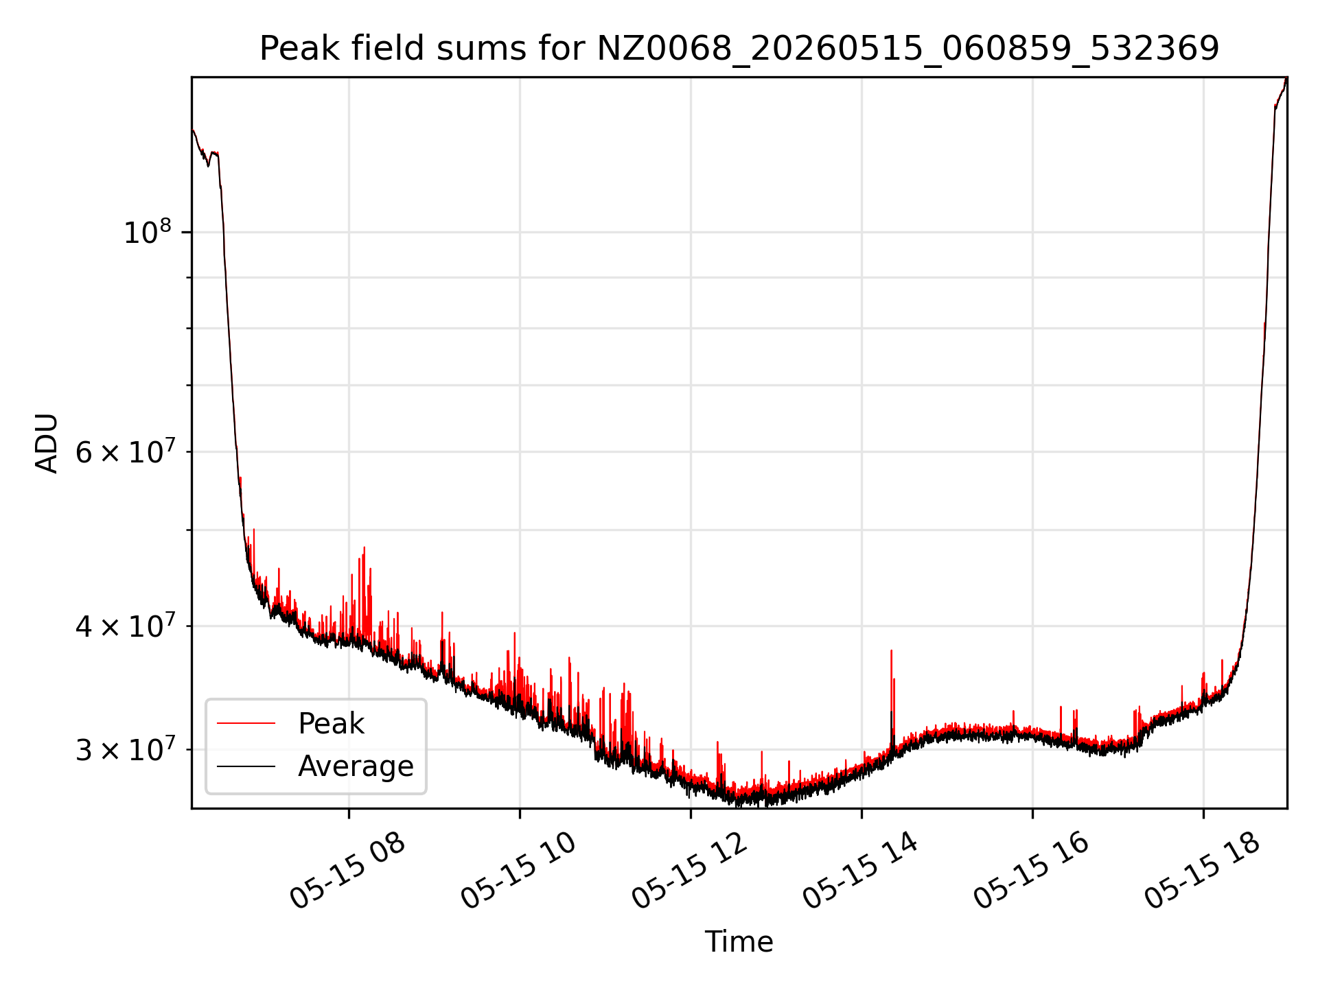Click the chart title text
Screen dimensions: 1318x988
[x=739, y=49]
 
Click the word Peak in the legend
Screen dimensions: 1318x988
[x=331, y=724]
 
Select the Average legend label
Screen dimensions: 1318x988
[x=356, y=766]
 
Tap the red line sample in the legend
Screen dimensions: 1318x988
[x=246, y=723]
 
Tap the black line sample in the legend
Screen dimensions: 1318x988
[x=246, y=766]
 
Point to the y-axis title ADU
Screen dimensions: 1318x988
[x=47, y=443]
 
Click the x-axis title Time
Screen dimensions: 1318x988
[x=739, y=942]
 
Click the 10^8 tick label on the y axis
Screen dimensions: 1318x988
[x=147, y=232]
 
